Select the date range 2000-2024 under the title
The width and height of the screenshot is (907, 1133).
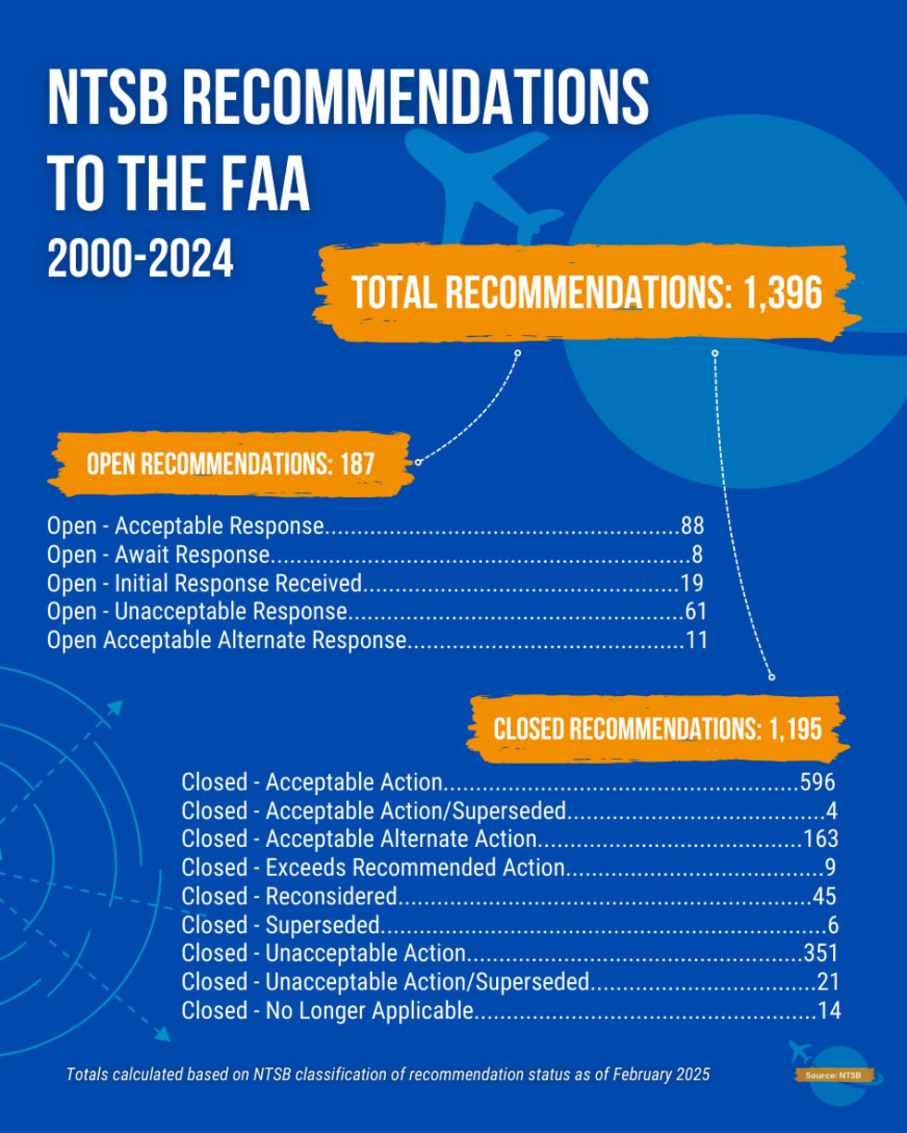pyautogui.click(x=140, y=259)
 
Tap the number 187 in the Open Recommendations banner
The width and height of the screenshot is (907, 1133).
pyautogui.click(x=357, y=464)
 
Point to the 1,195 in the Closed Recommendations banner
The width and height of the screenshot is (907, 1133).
pyautogui.click(x=794, y=729)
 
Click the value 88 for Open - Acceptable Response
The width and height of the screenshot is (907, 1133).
pyautogui.click(x=692, y=526)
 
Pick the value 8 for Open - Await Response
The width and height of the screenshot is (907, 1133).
pyautogui.click(x=696, y=554)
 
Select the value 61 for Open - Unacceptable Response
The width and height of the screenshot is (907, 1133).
pyautogui.click(x=695, y=612)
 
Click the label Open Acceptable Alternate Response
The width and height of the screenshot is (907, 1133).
pyautogui.click(x=227, y=641)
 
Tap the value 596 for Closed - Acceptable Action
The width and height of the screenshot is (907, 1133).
pyautogui.click(x=817, y=782)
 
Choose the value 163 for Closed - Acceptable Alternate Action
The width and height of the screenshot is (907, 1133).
pyautogui.click(x=820, y=840)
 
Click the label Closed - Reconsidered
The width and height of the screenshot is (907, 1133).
pyautogui.click(x=289, y=897)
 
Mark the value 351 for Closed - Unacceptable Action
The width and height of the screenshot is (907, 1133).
pyautogui.click(x=820, y=953)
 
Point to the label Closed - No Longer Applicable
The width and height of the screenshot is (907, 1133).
pyautogui.click(x=327, y=1011)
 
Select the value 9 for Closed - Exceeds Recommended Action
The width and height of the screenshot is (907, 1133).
pyautogui.click(x=830, y=868)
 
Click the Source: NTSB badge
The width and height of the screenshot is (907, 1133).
pyautogui.click(x=833, y=1076)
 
